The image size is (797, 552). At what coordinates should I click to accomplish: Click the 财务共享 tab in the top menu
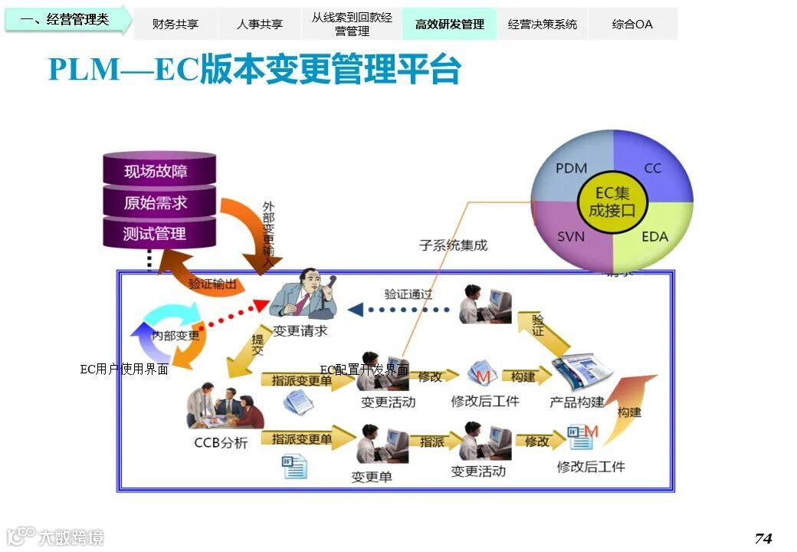click(x=175, y=24)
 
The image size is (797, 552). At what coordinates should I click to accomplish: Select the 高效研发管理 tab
click(x=449, y=24)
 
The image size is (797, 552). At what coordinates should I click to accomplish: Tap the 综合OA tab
click(x=632, y=24)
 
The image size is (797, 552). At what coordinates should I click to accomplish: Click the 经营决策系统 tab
click(x=542, y=24)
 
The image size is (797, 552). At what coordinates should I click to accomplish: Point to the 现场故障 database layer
click(x=159, y=171)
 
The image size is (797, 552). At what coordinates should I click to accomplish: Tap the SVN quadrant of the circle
click(x=571, y=236)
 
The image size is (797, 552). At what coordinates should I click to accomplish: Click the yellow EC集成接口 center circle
click(x=612, y=202)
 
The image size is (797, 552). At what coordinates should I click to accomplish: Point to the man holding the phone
click(x=303, y=294)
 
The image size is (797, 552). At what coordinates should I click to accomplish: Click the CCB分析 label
click(x=221, y=443)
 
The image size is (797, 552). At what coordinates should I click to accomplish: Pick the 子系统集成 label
click(x=453, y=245)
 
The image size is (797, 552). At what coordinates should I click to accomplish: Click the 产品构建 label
click(x=577, y=402)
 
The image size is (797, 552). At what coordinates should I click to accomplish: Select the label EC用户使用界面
click(x=124, y=370)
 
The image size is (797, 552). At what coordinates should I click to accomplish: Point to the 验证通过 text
click(x=408, y=294)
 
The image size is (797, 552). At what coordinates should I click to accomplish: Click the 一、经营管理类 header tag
click(x=65, y=19)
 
